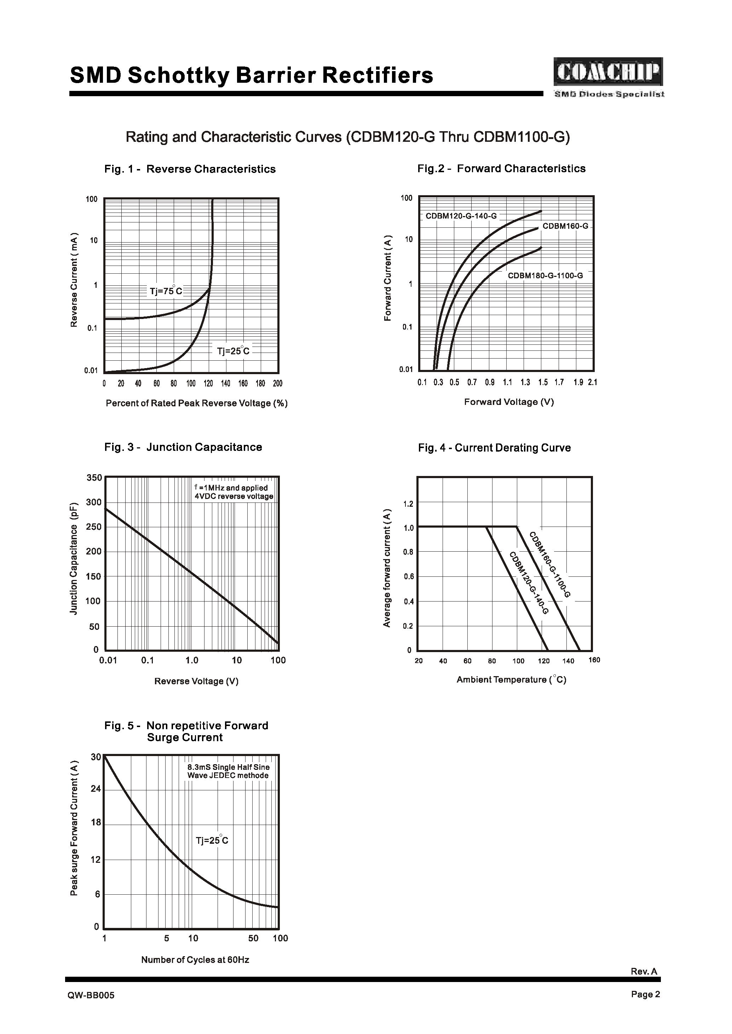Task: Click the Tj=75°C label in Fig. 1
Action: point(166,291)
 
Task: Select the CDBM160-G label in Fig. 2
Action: point(565,226)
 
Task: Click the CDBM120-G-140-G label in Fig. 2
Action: point(461,216)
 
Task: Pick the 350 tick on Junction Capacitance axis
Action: point(94,478)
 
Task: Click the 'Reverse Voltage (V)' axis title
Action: point(196,681)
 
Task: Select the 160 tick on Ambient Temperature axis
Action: point(594,660)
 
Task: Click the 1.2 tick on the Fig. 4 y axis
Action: point(408,504)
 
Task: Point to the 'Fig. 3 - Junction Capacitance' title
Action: point(183,447)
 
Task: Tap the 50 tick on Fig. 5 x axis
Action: point(253,939)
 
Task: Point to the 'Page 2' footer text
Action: point(645,1007)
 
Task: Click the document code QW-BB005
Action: point(91,1008)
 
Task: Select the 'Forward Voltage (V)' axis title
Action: point(508,402)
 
